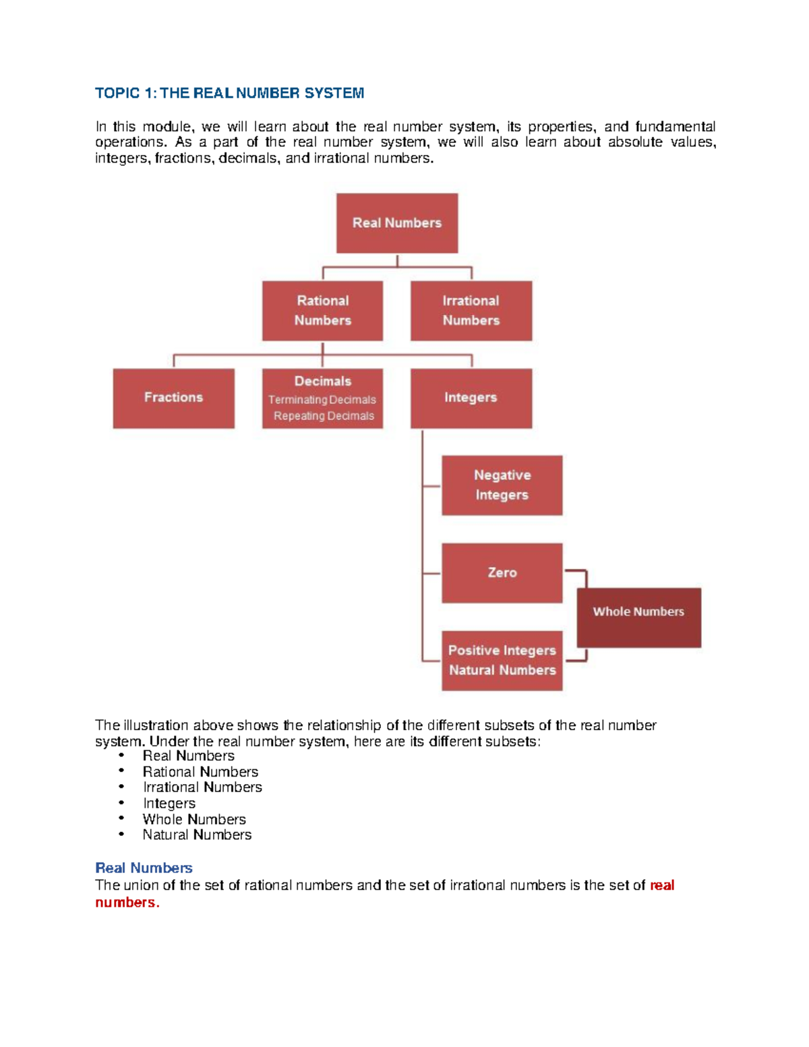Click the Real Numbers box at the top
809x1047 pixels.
tap(397, 223)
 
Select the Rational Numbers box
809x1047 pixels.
tap(322, 311)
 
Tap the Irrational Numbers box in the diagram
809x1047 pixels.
tap(471, 311)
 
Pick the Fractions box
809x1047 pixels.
tap(173, 398)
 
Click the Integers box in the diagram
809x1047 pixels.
tap(471, 398)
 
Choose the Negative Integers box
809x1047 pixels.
tap(502, 485)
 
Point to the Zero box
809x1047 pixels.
tap(502, 573)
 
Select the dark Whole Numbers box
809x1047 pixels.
tap(638, 618)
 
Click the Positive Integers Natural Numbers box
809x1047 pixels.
tap(502, 661)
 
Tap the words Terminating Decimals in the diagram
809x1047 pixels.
tap(322, 400)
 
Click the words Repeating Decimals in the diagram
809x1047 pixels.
tap(324, 416)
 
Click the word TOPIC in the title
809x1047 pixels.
tap(117, 93)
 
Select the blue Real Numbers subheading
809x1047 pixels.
tap(144, 868)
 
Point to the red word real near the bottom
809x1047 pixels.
tap(662, 885)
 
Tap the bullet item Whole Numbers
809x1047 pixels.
tap(194, 819)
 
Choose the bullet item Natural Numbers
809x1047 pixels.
tap(197, 835)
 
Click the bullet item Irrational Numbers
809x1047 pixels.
tap(202, 787)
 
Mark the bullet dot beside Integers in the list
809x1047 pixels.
tap(122, 802)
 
